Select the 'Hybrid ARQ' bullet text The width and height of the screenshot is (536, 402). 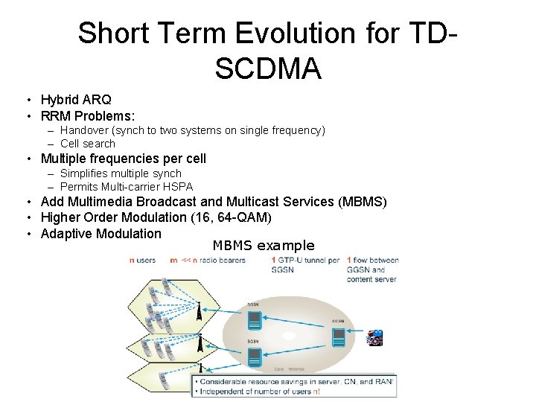(x=76, y=100)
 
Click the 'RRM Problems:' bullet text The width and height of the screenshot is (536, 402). (x=88, y=115)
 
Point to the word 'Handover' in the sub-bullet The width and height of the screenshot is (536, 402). (x=83, y=130)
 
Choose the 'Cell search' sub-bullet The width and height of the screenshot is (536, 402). (x=88, y=144)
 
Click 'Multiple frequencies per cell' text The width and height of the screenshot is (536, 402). (x=123, y=159)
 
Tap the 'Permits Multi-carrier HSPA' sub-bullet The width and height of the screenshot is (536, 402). (x=126, y=187)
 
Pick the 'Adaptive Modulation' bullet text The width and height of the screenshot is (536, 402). (x=100, y=233)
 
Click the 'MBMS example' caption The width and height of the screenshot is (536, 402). (x=264, y=246)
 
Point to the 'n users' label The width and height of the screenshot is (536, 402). (x=142, y=261)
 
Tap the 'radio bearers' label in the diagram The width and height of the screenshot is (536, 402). (x=226, y=261)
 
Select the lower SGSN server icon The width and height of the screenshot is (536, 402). (x=255, y=356)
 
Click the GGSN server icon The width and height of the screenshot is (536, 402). (x=339, y=337)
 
